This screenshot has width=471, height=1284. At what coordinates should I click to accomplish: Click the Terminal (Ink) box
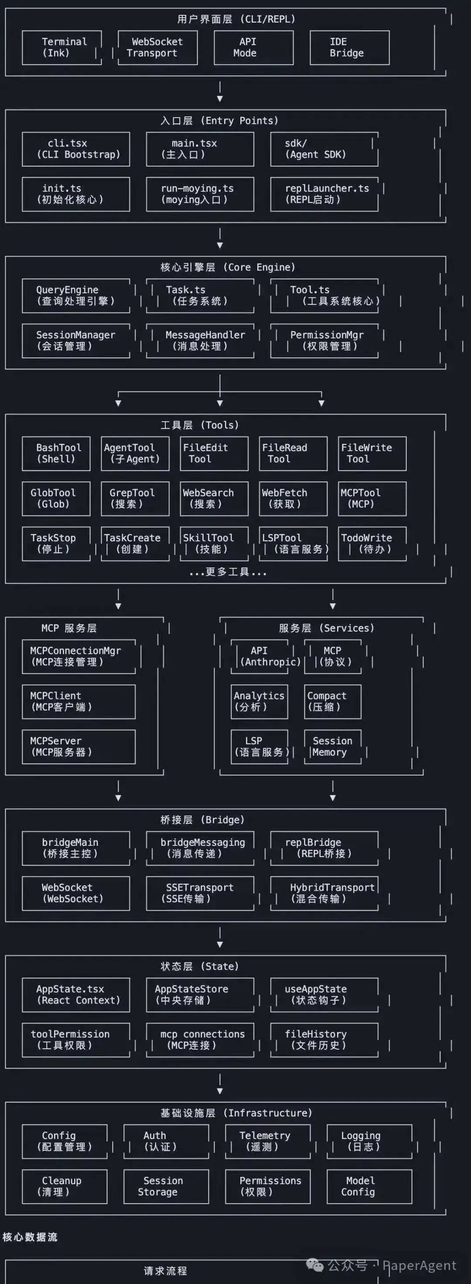pos(62,48)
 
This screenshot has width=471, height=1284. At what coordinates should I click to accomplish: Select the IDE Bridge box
pos(349,48)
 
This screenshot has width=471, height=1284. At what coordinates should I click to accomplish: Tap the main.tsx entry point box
pos(200,149)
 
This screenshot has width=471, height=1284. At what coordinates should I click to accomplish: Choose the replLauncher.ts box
pos(324,194)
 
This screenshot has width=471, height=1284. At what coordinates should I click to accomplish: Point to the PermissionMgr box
pos(324,341)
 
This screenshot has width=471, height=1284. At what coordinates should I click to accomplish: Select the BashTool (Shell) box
pos(56,453)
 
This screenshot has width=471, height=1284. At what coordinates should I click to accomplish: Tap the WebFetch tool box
pos(293,498)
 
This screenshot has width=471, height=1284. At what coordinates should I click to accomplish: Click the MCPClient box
pos(78,702)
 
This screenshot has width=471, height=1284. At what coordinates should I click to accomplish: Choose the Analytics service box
pos(259,702)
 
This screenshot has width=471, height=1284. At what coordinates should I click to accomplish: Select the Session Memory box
pos(332,747)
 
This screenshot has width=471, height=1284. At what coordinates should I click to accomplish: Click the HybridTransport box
pos(324,893)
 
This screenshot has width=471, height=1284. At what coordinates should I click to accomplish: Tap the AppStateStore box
pos(200,995)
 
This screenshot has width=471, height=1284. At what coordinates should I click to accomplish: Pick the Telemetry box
pos(267,1142)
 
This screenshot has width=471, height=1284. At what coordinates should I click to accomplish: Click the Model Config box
pos(369,1187)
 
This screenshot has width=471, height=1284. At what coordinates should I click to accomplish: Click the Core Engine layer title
pos(228,267)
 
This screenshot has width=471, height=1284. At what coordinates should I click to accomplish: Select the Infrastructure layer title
pos(236,1113)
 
